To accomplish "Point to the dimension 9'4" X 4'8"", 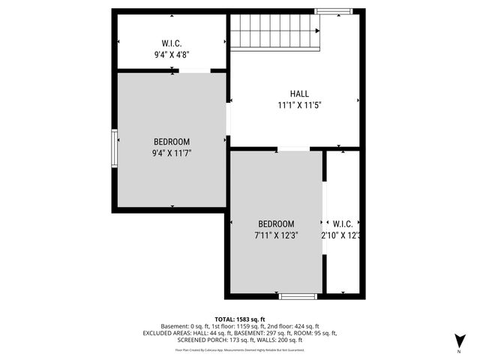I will point(172,54).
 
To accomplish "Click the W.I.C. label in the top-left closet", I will point(172,43).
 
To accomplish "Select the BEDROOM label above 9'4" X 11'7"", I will point(172,142).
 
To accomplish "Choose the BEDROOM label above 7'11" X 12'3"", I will point(276,223).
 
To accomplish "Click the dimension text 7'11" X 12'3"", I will point(276,235).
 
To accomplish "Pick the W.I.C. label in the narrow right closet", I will point(343,223).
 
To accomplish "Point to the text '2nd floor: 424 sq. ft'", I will point(291,326).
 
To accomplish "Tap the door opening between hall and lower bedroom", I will point(293,149).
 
